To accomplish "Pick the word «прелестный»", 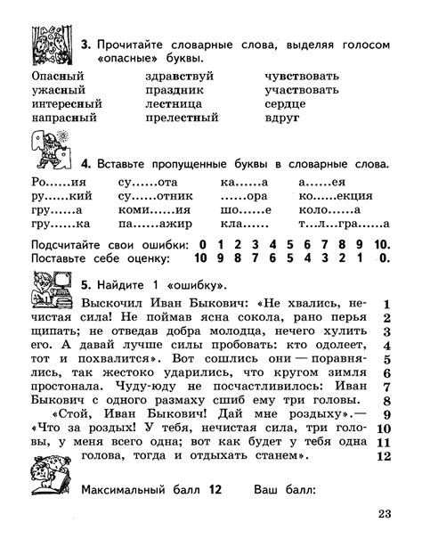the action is click(182, 118).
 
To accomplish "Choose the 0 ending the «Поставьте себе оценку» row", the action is click(383, 258).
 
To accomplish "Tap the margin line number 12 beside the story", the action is click(385, 456).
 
